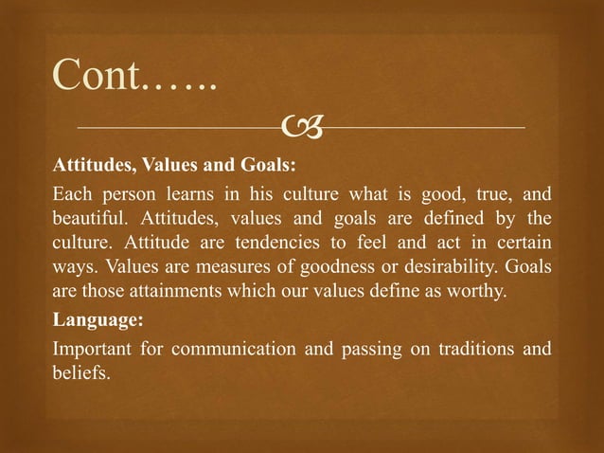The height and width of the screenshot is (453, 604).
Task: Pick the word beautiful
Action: point(90,221)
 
